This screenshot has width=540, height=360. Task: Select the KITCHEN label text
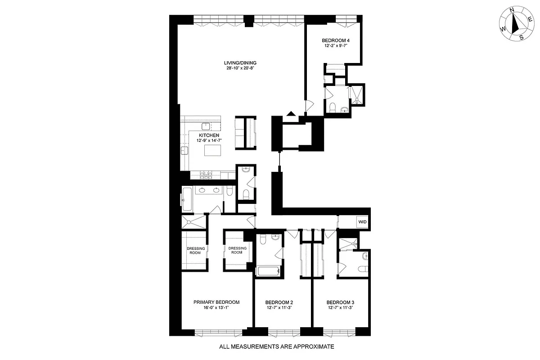point(210,135)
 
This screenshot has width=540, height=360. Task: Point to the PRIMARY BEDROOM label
point(216,302)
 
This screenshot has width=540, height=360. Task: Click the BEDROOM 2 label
point(279,302)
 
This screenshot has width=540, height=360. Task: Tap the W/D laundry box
point(361,222)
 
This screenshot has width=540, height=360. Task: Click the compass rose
point(514,26)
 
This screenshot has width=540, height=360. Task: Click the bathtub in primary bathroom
point(188,199)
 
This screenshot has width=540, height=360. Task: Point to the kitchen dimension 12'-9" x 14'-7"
point(210,141)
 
